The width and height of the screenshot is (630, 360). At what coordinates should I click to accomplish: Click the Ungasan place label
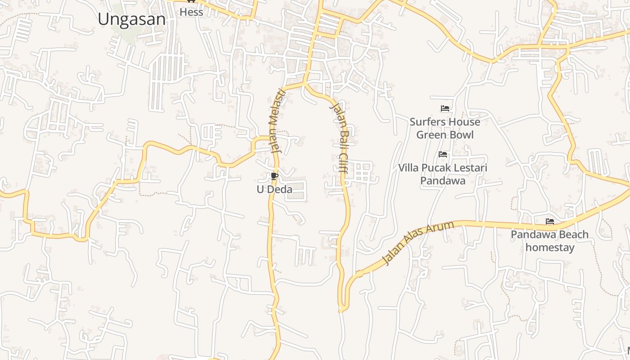point(132,19)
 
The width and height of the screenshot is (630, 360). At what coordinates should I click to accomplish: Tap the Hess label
point(191,12)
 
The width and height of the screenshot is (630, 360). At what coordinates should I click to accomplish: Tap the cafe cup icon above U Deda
point(274,176)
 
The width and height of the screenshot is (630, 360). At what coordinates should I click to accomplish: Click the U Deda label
point(274,189)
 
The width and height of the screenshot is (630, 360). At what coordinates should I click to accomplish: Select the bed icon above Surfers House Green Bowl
point(445,108)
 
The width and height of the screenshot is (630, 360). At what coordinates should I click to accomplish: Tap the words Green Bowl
point(445,135)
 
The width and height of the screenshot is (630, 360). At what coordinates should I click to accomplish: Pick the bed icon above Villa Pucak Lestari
point(443,154)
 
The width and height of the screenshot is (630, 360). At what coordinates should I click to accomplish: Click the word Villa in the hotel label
point(409,168)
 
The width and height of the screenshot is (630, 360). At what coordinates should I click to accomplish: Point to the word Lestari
point(471,168)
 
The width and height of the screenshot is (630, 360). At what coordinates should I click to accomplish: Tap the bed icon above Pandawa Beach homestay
point(550,221)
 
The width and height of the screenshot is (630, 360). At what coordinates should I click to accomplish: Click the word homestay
point(550,247)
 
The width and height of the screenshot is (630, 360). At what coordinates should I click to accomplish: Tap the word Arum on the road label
point(443,229)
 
